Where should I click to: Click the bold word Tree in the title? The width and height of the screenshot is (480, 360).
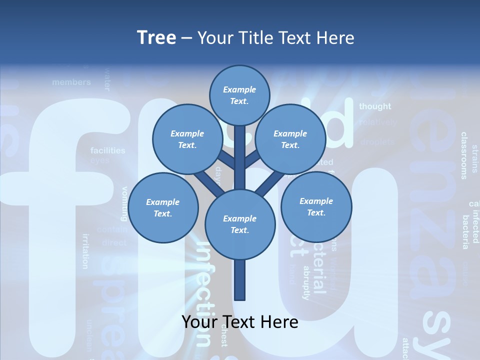[x=156, y=38]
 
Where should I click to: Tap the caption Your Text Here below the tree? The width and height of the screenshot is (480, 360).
[x=239, y=322]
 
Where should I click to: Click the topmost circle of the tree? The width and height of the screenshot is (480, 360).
[x=239, y=95]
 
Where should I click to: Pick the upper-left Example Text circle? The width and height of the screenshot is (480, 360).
[x=187, y=139]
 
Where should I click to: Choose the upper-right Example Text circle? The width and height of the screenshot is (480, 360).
[x=290, y=139]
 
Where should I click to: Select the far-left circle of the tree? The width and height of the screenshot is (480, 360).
[x=163, y=207]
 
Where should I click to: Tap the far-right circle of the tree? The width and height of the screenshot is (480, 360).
[x=316, y=206]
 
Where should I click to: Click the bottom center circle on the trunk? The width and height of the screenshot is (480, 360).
[x=239, y=224]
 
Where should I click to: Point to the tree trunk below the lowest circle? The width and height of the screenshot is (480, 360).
[x=239, y=280]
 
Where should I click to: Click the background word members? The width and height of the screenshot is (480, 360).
[x=71, y=82]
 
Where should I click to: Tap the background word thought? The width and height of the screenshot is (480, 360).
[x=375, y=106]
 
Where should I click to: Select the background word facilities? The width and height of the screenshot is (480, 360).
[x=108, y=150]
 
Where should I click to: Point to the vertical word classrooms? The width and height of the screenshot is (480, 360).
[x=464, y=155]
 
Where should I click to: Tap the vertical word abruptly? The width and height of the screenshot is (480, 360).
[x=306, y=282]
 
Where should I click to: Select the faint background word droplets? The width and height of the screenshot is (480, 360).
[x=377, y=142]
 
